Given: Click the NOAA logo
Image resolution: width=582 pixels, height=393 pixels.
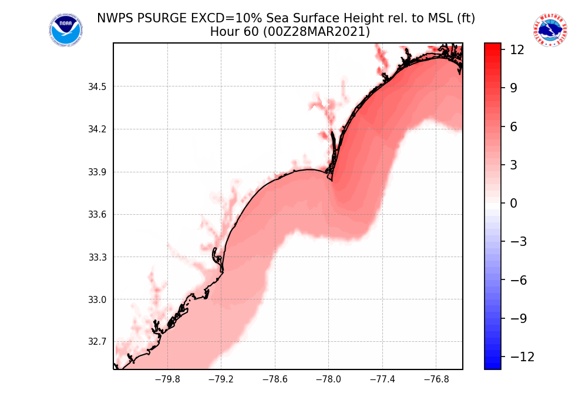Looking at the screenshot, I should coord(66,31).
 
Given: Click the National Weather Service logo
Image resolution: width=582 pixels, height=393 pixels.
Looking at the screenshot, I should coord(550,31).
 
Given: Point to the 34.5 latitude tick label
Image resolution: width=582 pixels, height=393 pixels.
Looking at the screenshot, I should coord(97,87).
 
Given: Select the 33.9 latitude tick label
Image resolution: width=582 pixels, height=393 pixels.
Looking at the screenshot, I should coord(97,172).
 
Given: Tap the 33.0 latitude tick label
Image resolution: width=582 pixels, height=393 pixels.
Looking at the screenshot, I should coord(97,299).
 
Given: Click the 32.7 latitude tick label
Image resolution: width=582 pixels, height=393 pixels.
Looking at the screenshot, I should coord(97,342).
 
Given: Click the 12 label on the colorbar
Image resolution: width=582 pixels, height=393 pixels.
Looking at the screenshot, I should coord(517,50).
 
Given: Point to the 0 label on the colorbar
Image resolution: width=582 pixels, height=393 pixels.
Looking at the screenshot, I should coord(513,204).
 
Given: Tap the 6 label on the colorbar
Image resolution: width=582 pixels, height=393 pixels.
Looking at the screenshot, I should coord(513,126).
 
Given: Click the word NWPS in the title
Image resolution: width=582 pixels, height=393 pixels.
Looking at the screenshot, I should coord(113,18).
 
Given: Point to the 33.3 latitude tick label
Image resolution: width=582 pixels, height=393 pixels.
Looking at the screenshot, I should coord(97,257).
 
